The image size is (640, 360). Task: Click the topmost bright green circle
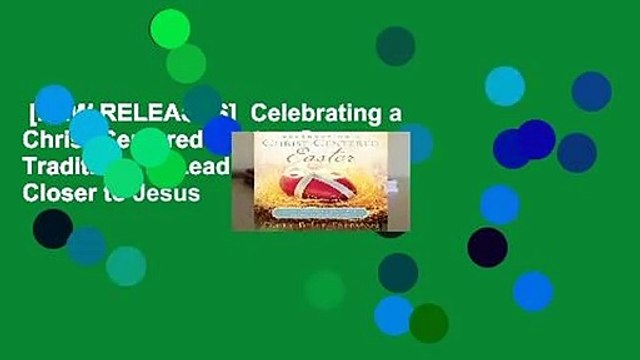[x=169, y=28]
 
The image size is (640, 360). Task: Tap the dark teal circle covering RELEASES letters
[x=202, y=103]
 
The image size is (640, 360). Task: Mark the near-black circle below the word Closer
[x=52, y=228]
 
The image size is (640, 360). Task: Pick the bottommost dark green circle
[x=429, y=323]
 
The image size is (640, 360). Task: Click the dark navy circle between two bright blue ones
[x=487, y=246]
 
